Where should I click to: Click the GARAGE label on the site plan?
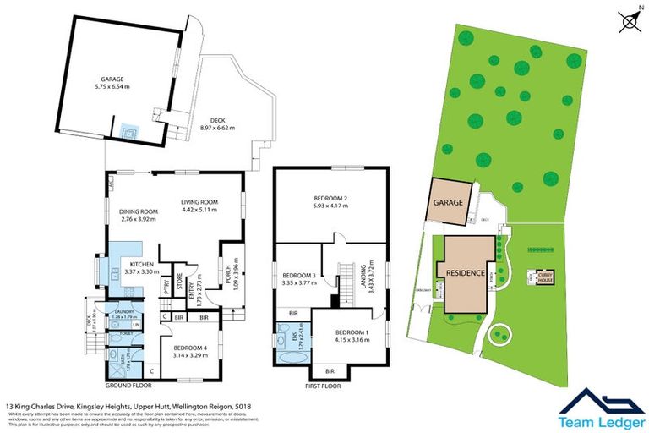coord(448,203)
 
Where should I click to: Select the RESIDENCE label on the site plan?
coord(462,274)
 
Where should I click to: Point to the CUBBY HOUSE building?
coord(542,277)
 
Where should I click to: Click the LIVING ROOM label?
coord(200,202)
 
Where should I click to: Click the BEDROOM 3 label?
coord(300,276)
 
